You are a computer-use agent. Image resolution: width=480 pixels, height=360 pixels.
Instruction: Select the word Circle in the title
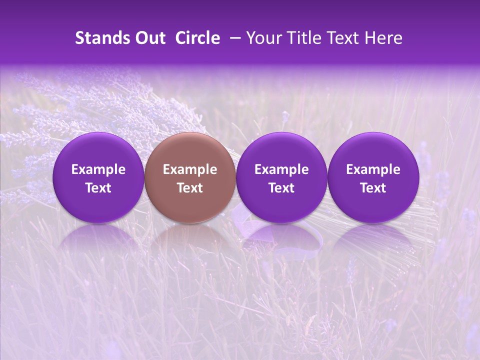coord(197,38)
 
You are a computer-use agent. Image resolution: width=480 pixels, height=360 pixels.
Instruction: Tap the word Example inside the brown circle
coord(190,169)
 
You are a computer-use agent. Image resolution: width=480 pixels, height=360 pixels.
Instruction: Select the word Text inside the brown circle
coord(190,188)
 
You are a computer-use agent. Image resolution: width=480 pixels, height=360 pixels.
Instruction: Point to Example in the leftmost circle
coord(98,169)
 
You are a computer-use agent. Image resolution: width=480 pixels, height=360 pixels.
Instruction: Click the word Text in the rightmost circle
coord(373,188)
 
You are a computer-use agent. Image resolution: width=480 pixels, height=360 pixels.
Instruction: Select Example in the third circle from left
coord(281,169)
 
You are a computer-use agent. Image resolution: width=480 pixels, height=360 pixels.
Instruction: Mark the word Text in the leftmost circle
coord(98,188)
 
